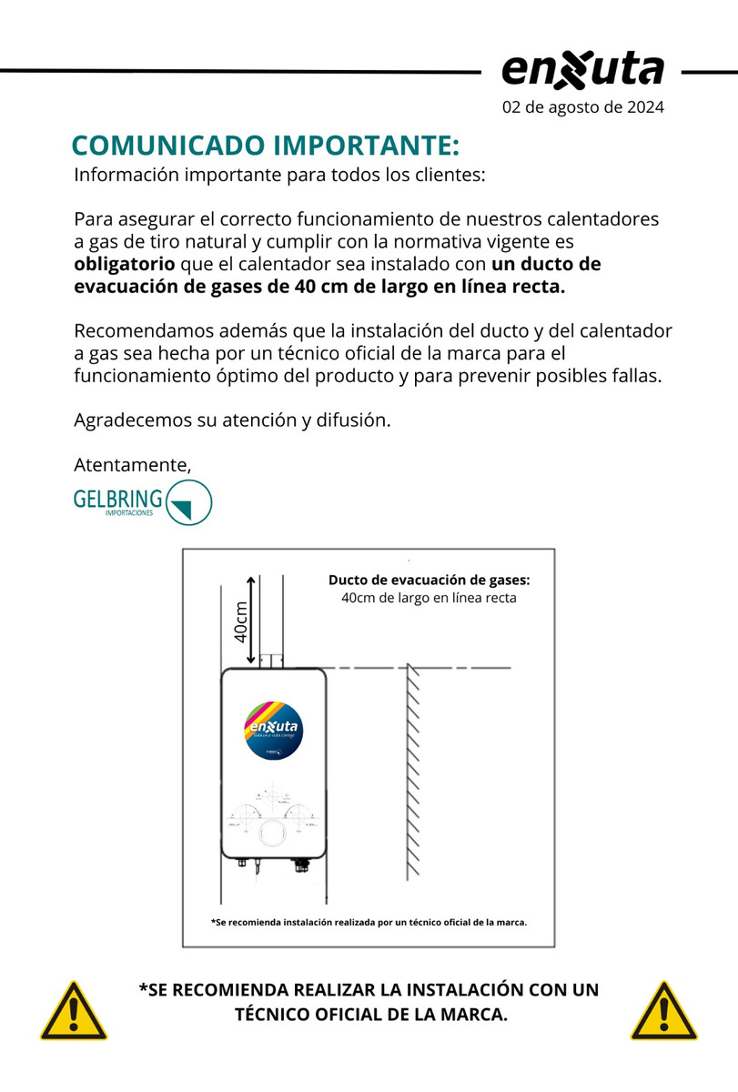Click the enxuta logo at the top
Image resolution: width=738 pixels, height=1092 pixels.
582,71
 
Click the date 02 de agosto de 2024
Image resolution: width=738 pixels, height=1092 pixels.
583,107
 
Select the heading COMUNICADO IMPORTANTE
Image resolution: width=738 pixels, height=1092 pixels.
266,147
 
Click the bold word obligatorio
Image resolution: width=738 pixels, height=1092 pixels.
124,265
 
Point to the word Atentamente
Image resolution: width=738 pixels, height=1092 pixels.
132,465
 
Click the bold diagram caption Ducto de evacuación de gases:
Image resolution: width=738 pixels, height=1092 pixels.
429,581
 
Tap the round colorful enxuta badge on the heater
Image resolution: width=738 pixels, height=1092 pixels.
274,729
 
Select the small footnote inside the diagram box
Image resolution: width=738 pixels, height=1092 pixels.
369,922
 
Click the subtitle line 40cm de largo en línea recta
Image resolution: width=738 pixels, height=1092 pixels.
429,598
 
